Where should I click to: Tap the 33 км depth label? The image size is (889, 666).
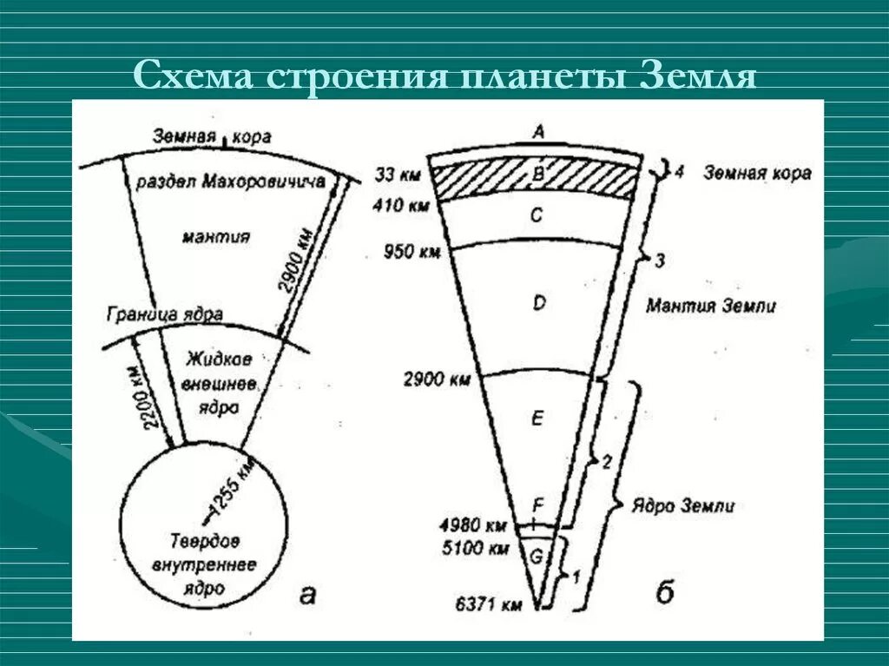(398, 175)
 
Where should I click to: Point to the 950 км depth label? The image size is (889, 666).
(412, 253)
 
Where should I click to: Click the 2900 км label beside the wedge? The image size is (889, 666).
(437, 379)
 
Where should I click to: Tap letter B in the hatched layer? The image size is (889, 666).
(537, 173)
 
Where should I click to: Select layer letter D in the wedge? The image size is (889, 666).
(538, 303)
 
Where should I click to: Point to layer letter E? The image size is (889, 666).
(537, 419)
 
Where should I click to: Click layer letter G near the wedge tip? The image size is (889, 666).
(536, 557)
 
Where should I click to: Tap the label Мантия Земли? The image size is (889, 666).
(711, 306)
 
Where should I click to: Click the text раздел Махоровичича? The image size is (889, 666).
(230, 181)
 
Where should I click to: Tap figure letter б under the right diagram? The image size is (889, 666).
(665, 593)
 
